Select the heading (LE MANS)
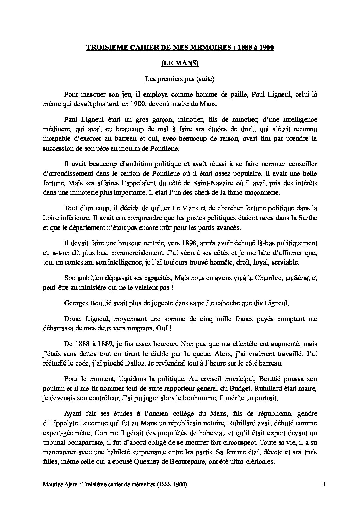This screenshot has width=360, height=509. (x=180, y=64)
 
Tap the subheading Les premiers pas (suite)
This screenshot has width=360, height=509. (x=180, y=79)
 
